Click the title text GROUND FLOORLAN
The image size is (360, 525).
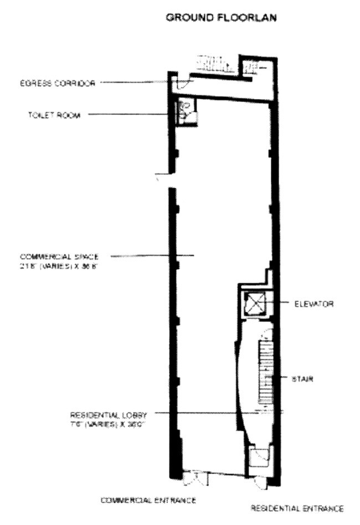[x=222, y=18]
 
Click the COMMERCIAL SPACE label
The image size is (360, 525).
[x=59, y=257]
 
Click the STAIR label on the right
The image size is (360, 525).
[x=303, y=379]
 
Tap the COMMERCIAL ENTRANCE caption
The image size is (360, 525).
[x=148, y=500]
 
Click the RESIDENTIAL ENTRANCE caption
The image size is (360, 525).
[x=297, y=508]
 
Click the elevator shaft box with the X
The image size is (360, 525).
[x=254, y=305]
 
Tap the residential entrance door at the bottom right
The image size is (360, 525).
[x=260, y=477]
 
